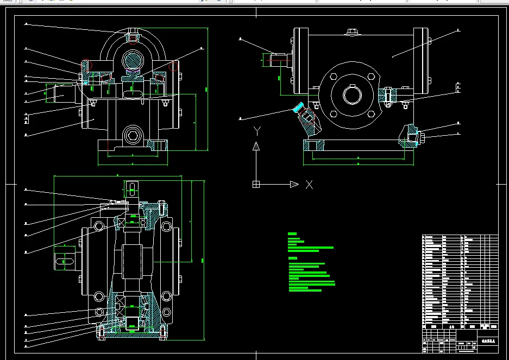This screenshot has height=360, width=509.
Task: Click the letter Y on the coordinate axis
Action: [258, 130]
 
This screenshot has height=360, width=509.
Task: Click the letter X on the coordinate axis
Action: [309, 185]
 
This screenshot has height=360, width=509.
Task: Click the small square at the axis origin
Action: [256, 185]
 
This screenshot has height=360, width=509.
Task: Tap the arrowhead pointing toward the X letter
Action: [294, 185]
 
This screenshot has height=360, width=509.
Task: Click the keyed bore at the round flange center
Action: [352, 96]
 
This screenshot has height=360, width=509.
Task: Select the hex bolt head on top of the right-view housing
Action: [352, 33]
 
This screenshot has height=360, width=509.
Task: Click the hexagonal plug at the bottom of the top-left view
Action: [133, 134]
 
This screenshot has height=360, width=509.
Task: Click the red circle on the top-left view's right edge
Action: [174, 66]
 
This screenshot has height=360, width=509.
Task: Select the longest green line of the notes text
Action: [312, 283]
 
